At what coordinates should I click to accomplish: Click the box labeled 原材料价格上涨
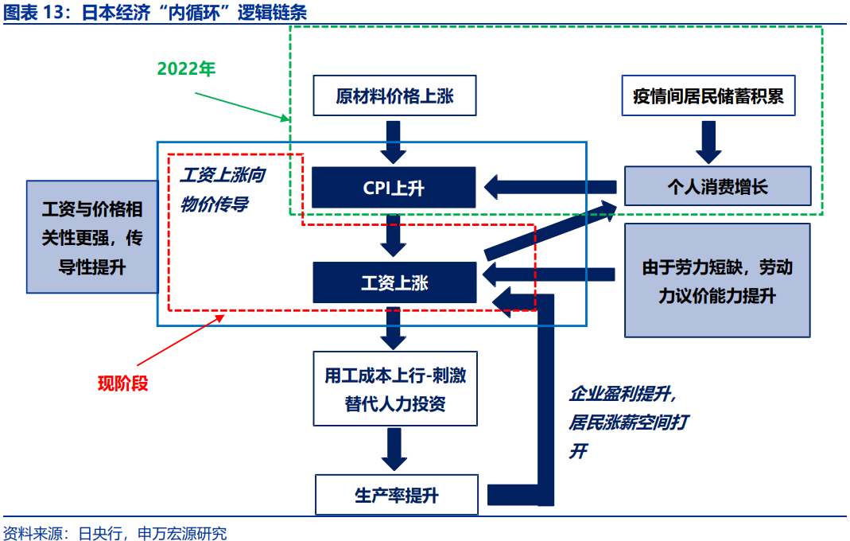click(x=394, y=96)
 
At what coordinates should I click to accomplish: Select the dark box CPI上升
click(x=394, y=188)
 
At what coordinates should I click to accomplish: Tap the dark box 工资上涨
click(x=394, y=282)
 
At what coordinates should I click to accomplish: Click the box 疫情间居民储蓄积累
click(x=708, y=96)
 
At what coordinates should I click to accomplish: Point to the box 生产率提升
click(x=396, y=495)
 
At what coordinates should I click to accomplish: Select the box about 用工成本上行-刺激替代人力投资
click(x=394, y=389)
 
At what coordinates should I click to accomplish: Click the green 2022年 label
click(x=186, y=68)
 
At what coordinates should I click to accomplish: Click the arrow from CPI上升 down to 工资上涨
click(x=394, y=235)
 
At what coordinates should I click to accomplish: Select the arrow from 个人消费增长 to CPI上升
click(x=549, y=188)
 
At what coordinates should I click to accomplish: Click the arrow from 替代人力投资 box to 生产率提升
click(x=394, y=450)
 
